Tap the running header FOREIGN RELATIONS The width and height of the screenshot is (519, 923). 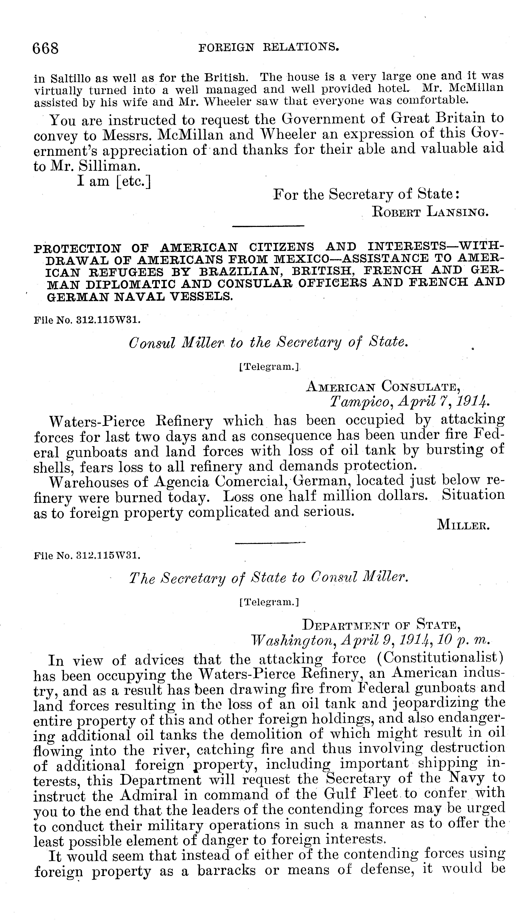click(x=268, y=47)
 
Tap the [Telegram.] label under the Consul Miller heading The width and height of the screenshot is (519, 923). click(x=268, y=367)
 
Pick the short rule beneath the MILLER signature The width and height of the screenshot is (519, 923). click(x=270, y=543)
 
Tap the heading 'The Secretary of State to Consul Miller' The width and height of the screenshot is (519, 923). click(x=268, y=578)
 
